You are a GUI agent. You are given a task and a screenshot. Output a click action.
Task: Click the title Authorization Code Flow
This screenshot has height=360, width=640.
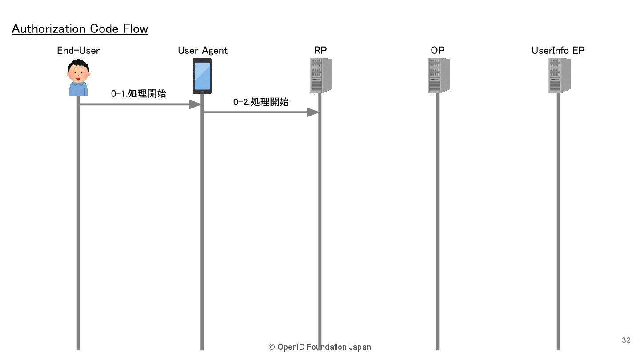click(80, 29)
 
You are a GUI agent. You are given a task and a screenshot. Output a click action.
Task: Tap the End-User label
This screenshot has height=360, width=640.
click(78, 50)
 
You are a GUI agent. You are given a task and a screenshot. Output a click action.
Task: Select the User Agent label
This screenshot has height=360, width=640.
click(202, 50)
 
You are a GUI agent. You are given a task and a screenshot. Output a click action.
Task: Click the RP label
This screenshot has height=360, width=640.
click(320, 50)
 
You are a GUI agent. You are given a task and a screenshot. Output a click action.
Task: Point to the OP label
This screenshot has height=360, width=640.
click(437, 50)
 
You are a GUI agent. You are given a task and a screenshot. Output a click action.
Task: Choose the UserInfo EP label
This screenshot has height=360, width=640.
click(558, 50)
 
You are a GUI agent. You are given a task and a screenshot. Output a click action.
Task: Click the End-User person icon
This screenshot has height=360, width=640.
click(78, 78)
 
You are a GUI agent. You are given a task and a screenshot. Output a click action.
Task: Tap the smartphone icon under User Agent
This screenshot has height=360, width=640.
click(202, 76)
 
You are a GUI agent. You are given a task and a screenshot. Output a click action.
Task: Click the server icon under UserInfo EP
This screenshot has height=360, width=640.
click(559, 76)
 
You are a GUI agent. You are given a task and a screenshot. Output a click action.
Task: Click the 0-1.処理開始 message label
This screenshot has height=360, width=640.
click(138, 93)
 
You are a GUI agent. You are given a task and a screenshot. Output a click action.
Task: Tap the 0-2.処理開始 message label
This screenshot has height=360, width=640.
click(261, 102)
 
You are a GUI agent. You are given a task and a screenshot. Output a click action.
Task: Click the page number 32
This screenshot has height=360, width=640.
click(626, 340)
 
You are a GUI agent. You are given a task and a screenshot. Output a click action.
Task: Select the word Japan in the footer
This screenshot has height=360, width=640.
click(360, 347)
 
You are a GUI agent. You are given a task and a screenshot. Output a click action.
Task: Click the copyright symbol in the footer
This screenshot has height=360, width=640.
click(272, 347)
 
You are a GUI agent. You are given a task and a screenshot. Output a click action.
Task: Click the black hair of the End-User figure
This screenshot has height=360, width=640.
click(79, 64)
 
